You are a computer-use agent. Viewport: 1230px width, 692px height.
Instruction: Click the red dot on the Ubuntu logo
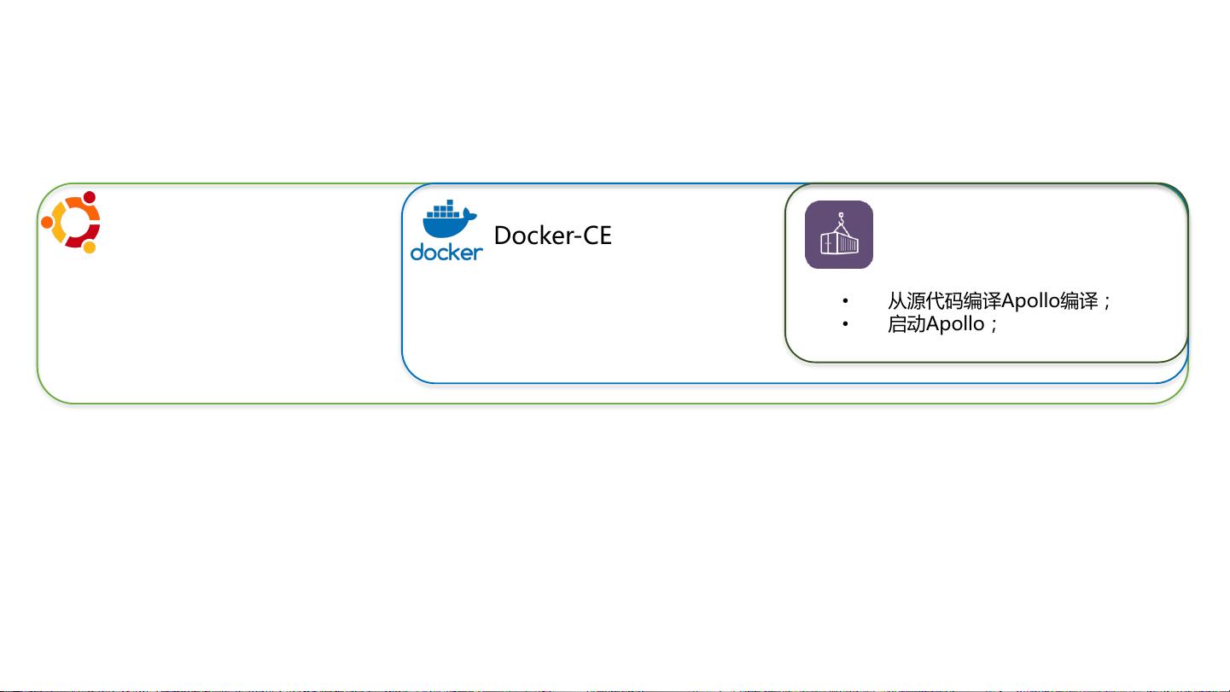pyautogui.click(x=90, y=197)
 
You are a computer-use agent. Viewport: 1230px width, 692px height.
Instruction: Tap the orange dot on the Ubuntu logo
pyautogui.click(x=47, y=222)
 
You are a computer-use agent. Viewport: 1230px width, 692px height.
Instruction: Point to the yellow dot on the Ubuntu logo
pyautogui.click(x=90, y=247)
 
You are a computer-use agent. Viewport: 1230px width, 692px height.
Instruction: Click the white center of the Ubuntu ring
pyautogui.click(x=74, y=222)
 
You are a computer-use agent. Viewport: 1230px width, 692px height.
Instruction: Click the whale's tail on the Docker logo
pyautogui.click(x=470, y=214)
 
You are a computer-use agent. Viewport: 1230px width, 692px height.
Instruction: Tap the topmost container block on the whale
pyautogui.click(x=450, y=202)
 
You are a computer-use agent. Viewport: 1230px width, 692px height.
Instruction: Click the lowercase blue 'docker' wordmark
pyautogui.click(x=446, y=252)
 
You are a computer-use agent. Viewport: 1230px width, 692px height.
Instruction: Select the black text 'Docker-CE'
pyautogui.click(x=552, y=236)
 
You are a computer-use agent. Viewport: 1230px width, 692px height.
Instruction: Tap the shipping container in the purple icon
pyautogui.click(x=839, y=243)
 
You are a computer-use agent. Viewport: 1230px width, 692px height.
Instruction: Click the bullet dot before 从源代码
pyautogui.click(x=845, y=300)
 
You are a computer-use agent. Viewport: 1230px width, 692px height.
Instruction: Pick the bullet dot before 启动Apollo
pyautogui.click(x=845, y=324)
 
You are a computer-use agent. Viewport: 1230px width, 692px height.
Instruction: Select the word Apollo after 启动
pyautogui.click(x=955, y=324)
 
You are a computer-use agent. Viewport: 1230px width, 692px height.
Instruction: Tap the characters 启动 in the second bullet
pyautogui.click(x=906, y=323)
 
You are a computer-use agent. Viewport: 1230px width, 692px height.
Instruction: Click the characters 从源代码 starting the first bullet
pyautogui.click(x=925, y=300)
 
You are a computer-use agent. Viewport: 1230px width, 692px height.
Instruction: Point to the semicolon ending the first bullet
pyautogui.click(x=1107, y=302)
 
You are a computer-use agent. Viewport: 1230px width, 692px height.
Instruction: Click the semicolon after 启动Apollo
pyautogui.click(x=994, y=325)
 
